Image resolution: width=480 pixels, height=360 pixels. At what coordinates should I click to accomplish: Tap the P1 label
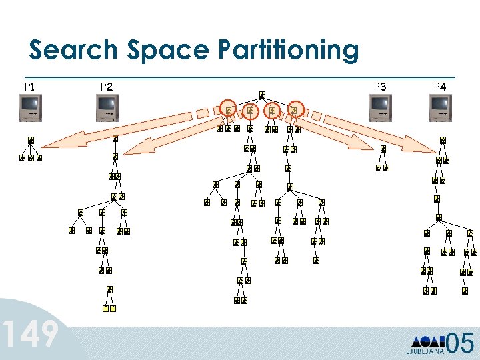click(x=29, y=86)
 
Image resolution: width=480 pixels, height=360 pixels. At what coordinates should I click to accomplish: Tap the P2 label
click(x=106, y=86)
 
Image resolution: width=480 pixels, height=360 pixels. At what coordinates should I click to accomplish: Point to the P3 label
click(x=380, y=86)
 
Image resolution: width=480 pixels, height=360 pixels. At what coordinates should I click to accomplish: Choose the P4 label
click(x=440, y=86)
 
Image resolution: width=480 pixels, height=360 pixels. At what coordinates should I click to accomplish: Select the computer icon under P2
click(x=107, y=107)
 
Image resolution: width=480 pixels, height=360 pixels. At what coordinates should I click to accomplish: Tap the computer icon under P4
click(x=441, y=107)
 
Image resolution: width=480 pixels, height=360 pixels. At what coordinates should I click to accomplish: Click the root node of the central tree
click(x=262, y=95)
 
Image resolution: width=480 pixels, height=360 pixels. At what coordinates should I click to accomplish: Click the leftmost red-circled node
click(x=229, y=109)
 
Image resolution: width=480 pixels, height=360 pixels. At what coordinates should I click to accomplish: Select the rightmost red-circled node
click(x=294, y=109)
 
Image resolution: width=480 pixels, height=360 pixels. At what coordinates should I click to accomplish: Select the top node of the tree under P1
click(x=31, y=141)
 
